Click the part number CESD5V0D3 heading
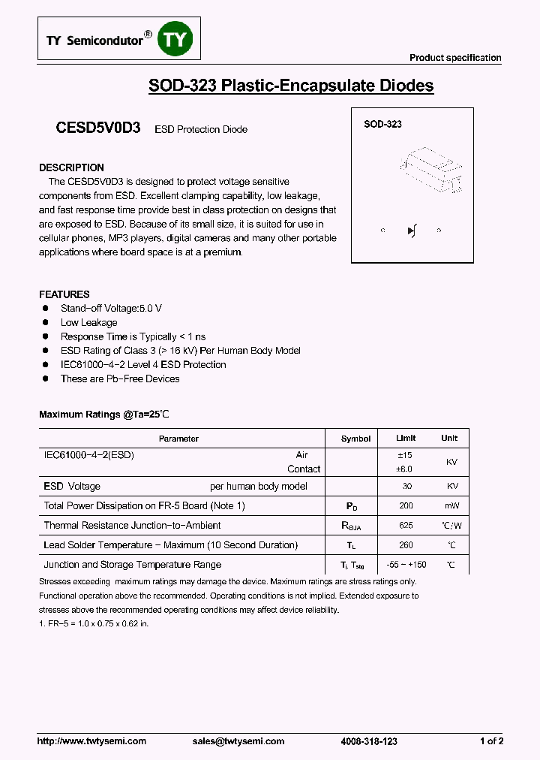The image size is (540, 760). (x=98, y=128)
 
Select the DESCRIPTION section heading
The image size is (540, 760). (x=71, y=167)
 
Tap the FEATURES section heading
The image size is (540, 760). (x=64, y=294)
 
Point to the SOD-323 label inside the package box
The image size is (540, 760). (x=382, y=124)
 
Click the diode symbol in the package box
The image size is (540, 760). (x=412, y=231)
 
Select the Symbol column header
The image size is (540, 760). (x=355, y=439)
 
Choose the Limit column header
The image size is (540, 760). (x=406, y=438)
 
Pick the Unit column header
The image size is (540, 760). (x=449, y=438)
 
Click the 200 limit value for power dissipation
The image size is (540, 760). (x=406, y=506)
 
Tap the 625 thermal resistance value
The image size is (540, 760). (x=406, y=526)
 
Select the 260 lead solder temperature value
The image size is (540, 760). (x=406, y=545)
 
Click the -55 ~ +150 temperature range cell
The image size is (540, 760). (x=406, y=565)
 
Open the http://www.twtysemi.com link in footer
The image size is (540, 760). (x=91, y=741)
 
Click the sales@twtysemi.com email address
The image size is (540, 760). (x=238, y=741)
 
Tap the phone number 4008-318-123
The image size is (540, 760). (x=368, y=741)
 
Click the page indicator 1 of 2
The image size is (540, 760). (x=491, y=741)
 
